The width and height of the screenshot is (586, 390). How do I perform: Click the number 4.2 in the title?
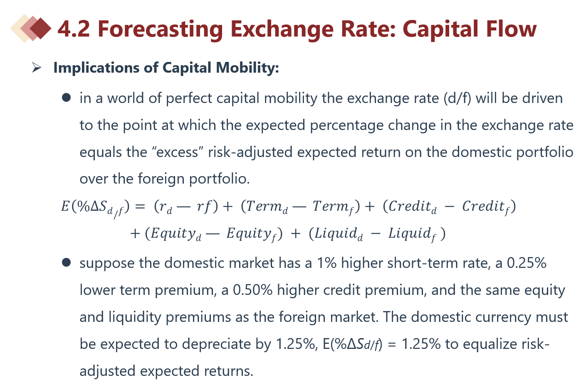click(x=73, y=29)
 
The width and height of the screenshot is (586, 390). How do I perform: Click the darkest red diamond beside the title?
click(x=41, y=28)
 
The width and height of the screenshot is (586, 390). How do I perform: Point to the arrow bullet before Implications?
click(x=37, y=67)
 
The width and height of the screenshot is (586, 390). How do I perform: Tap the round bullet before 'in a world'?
click(x=66, y=98)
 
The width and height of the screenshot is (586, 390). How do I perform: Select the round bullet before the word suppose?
click(x=66, y=262)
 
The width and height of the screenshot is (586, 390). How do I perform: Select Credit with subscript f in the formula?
click(x=487, y=206)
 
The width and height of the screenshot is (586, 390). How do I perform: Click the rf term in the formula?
click(x=204, y=206)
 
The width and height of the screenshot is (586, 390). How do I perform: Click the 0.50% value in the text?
click(x=252, y=290)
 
